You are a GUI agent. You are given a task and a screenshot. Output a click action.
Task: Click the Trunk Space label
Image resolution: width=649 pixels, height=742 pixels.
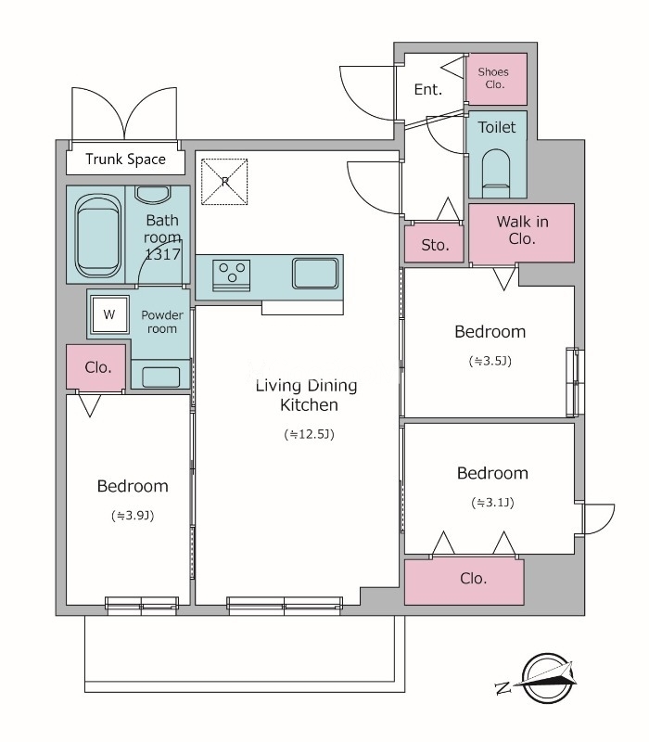tap(125, 160)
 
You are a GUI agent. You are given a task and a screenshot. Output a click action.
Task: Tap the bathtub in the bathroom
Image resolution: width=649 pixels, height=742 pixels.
tap(97, 236)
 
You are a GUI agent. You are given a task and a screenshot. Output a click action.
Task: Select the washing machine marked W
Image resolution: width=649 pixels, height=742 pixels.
tap(109, 314)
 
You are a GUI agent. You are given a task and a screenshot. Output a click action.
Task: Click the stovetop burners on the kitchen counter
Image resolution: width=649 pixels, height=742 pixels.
tap(231, 274)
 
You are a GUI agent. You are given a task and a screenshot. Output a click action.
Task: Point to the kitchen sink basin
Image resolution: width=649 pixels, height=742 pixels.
tap(315, 273)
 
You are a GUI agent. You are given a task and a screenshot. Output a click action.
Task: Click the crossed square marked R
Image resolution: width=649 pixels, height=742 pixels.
tap(224, 182)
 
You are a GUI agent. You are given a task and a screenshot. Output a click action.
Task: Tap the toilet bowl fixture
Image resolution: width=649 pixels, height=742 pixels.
tap(496, 173)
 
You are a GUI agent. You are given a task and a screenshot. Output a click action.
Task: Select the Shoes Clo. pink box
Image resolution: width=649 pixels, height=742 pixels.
tap(496, 79)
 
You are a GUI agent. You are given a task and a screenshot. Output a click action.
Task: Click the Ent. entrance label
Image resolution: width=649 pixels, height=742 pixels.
tap(428, 89)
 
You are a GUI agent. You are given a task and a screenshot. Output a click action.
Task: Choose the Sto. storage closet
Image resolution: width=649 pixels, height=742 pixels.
tap(434, 243)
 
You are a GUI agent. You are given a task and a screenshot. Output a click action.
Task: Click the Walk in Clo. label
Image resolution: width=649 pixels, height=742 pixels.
tap(522, 230)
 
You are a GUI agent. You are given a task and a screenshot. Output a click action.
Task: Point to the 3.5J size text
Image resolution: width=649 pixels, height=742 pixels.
tap(490, 361)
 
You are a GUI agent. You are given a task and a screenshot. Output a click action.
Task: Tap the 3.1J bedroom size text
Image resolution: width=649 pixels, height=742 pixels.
tap(492, 502)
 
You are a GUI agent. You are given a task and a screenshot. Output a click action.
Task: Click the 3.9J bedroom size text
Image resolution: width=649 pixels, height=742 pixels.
tap(133, 516)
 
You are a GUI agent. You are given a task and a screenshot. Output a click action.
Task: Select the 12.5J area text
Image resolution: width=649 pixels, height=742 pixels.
tap(309, 434)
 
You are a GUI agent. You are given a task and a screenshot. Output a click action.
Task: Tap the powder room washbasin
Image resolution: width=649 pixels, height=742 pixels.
tap(160, 377)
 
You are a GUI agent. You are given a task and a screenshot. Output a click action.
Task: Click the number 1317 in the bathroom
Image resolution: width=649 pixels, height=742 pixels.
tap(162, 254)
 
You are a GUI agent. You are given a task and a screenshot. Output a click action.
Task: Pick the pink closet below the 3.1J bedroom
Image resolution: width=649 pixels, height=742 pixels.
tap(464, 582)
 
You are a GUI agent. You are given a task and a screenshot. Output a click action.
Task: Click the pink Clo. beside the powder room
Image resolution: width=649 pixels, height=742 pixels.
tap(96, 367)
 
